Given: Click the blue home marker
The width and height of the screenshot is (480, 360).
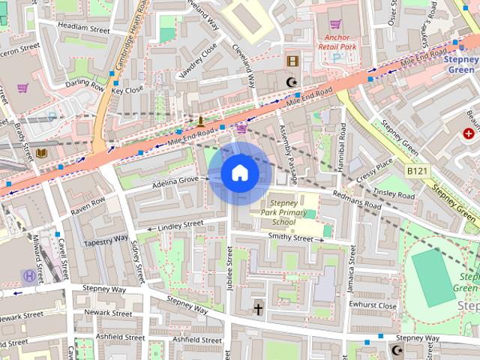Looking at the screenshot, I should (239, 174).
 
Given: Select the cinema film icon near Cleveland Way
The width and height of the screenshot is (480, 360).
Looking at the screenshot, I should (292, 61).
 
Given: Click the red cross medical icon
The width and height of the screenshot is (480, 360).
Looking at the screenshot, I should (468, 133).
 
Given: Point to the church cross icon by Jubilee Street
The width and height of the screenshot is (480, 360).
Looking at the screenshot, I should (258, 308).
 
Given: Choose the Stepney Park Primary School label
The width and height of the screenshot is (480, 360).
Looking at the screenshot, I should (283, 212).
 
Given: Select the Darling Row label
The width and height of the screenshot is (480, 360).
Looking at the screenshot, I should (85, 85).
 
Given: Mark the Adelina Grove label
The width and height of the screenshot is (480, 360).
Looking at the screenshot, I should (175, 180).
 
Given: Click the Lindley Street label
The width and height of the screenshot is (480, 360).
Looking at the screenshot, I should (181, 223).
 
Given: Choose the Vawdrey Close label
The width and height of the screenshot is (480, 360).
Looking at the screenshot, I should (199, 58).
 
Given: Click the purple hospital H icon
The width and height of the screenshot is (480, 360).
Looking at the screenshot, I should (28, 275).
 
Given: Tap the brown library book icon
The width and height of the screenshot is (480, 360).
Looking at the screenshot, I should (43, 152).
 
